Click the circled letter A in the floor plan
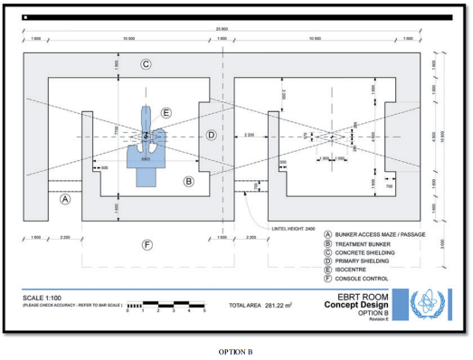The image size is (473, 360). pyautogui.click(x=64, y=201)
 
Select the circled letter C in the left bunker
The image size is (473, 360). pyautogui.click(x=145, y=64)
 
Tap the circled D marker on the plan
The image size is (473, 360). pyautogui.click(x=210, y=136)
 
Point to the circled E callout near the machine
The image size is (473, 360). pyautogui.click(x=166, y=113)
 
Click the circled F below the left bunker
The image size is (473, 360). pyautogui.click(x=146, y=245)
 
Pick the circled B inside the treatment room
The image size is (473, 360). pyautogui.click(x=188, y=182)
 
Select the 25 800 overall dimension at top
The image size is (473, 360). pyautogui.click(x=222, y=29)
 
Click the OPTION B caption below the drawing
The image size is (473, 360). pyautogui.click(x=234, y=350)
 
